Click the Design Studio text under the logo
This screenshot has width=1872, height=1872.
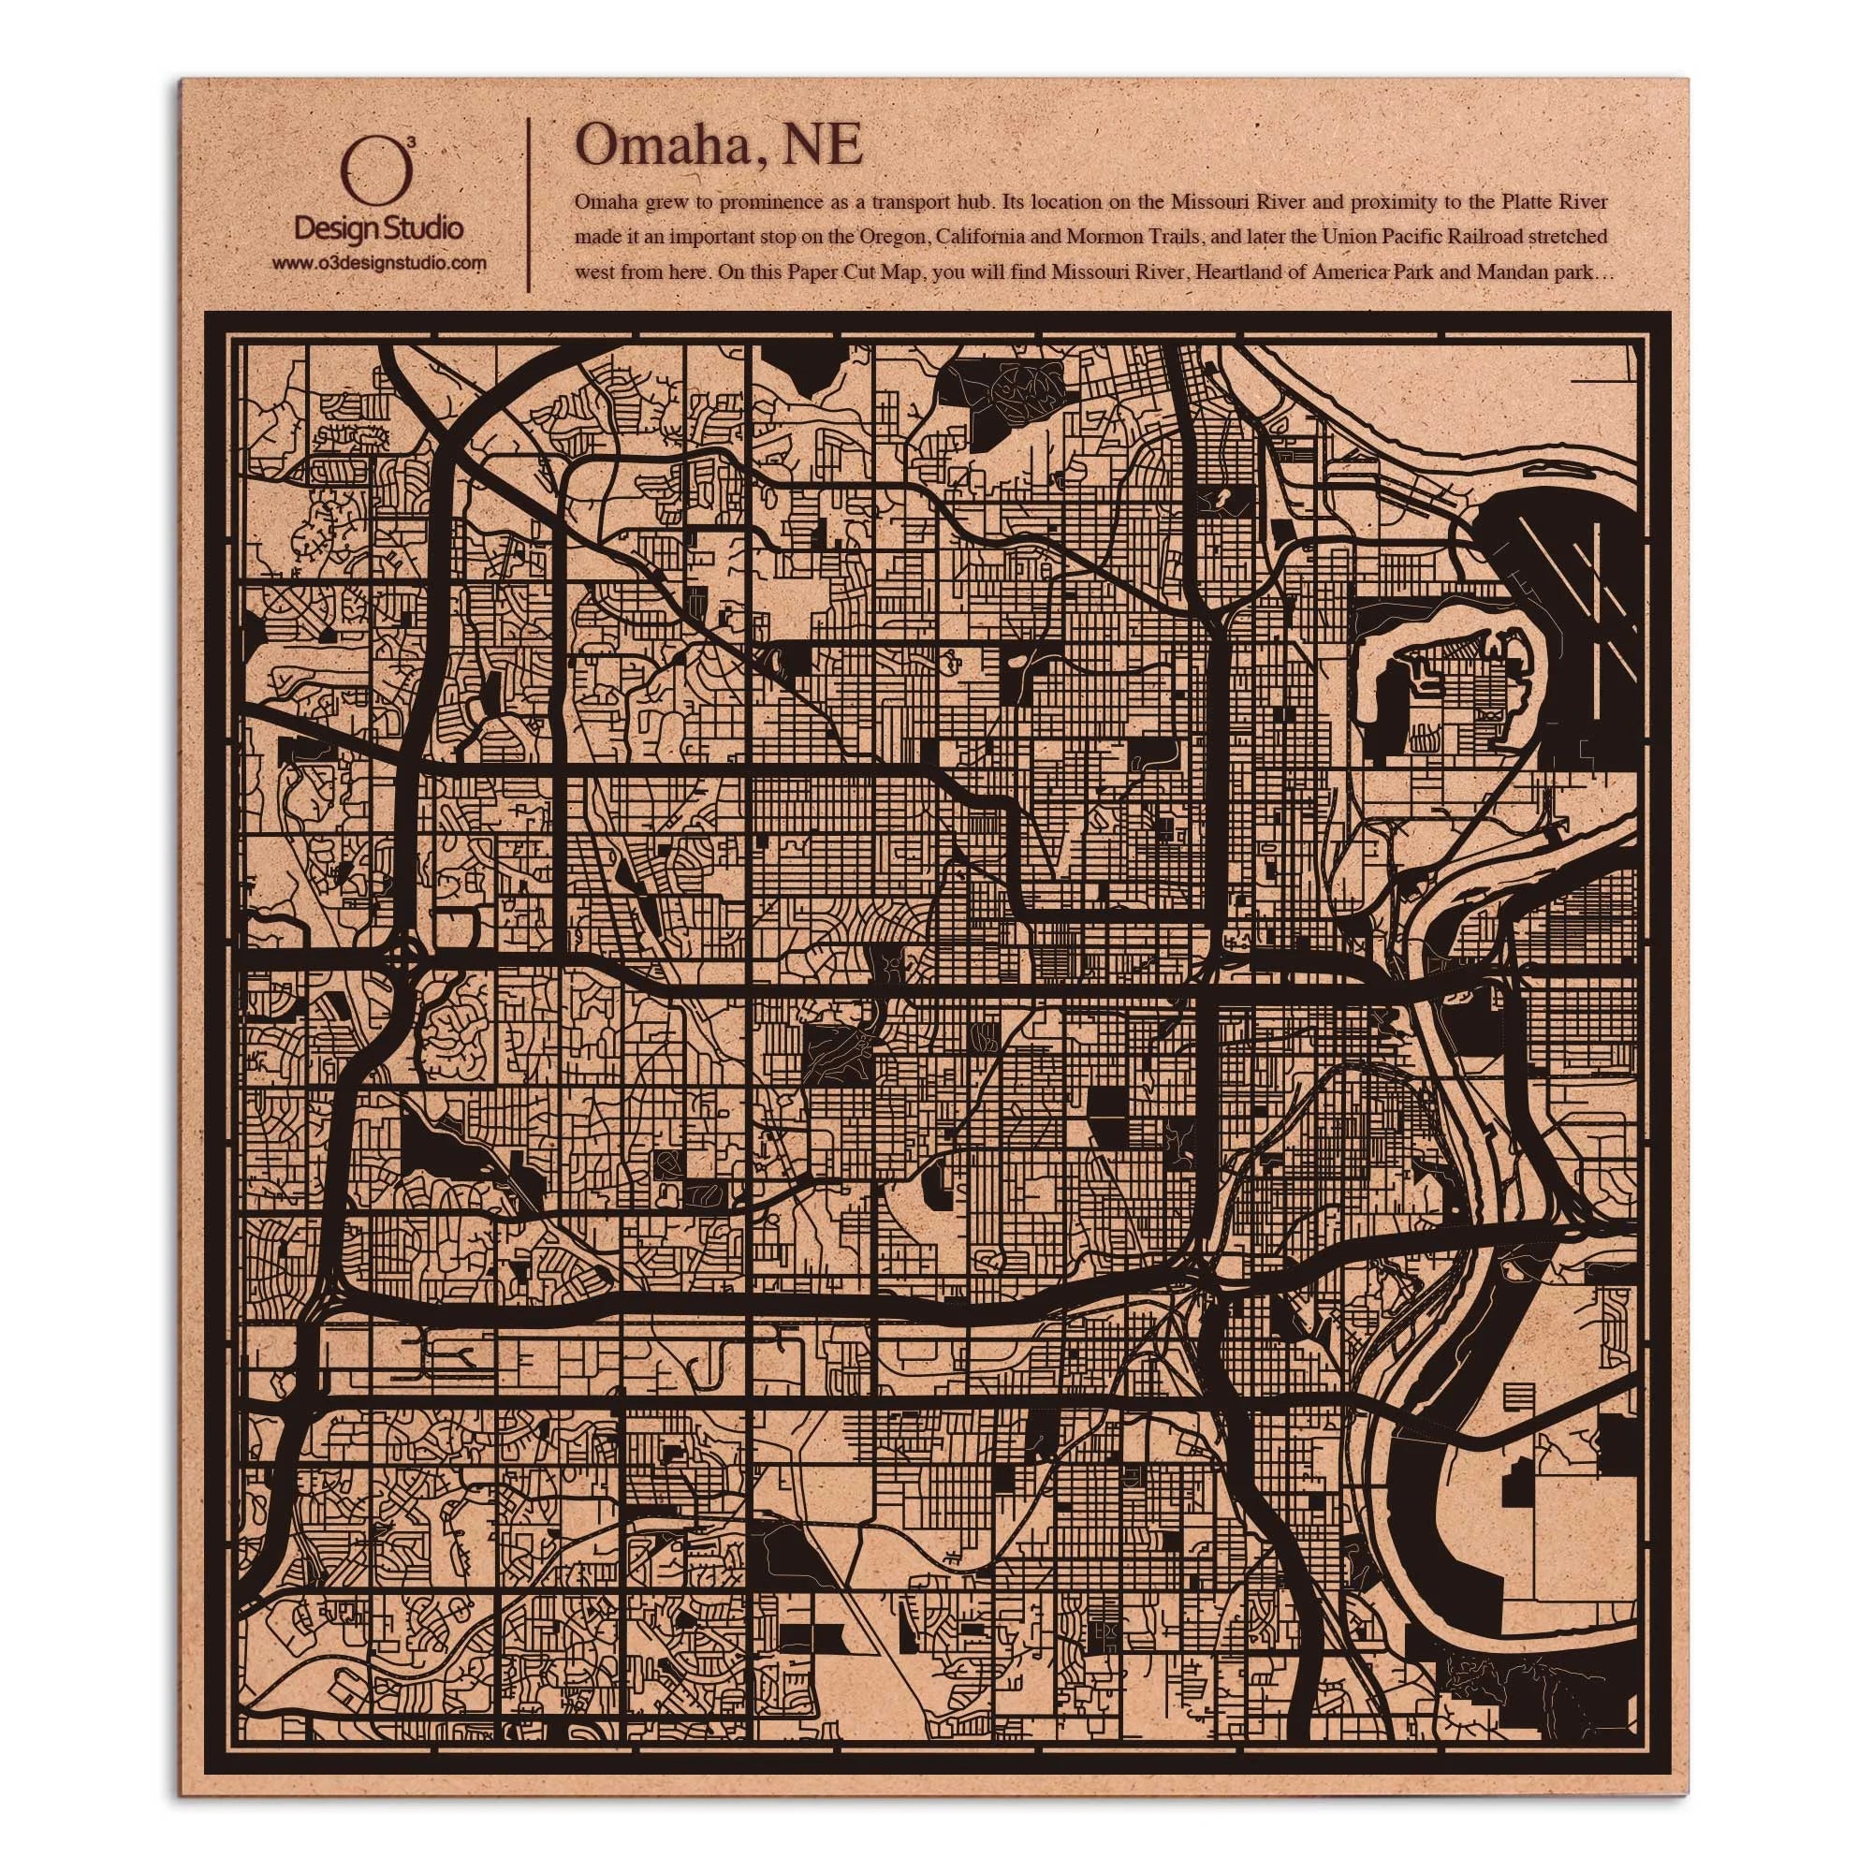(378, 229)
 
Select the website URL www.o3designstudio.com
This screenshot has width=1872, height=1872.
(378, 263)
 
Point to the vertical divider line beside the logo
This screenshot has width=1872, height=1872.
(528, 203)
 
